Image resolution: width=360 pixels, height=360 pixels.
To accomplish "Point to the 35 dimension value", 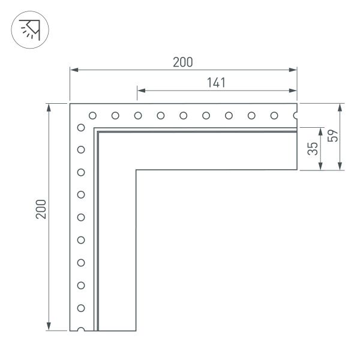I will (313, 149).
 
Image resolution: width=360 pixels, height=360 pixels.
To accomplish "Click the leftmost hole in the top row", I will (92, 115).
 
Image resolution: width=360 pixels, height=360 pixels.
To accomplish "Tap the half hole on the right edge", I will (296, 115).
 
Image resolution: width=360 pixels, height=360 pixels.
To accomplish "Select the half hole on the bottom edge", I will (81, 329).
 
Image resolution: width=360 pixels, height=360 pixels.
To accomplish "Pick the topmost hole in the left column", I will (81, 127).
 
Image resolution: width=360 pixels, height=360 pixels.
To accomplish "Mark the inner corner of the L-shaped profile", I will (137, 171).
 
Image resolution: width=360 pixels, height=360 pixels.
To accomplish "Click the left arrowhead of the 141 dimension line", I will (139, 91).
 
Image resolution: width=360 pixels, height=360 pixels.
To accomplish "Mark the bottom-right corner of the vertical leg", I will (137, 330).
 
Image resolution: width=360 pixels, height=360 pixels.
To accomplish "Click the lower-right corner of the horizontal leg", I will (298, 171).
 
